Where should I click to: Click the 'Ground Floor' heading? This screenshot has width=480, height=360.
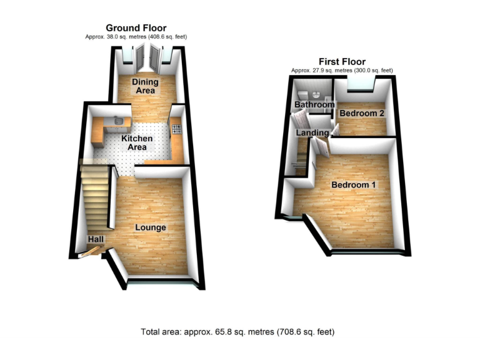[x=136, y=27]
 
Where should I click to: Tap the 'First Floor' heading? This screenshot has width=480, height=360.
[x=341, y=61]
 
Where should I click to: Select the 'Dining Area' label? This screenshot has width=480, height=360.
[x=145, y=86]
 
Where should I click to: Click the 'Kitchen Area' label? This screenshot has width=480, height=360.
[x=137, y=142]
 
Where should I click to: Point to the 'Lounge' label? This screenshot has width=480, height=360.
[x=151, y=227]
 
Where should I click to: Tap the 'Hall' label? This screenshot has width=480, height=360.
[x=96, y=239]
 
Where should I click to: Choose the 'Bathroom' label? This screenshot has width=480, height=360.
[x=314, y=105]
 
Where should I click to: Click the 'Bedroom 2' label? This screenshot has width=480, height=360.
[x=361, y=113]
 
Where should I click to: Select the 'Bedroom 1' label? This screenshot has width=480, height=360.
[x=354, y=186]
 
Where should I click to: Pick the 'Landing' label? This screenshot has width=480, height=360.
[x=312, y=133]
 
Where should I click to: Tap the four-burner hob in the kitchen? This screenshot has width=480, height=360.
[x=176, y=130]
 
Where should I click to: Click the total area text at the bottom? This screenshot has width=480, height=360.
[x=239, y=331]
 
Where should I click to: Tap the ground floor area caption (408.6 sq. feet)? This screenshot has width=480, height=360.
[x=136, y=37]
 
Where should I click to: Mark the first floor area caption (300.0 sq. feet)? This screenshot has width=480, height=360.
[x=341, y=70]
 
